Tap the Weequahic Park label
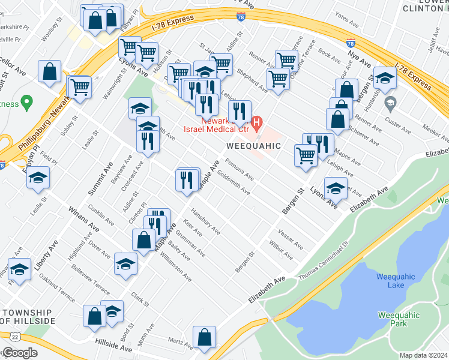point(393,319)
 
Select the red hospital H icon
point(258,124)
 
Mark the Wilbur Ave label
point(280,251)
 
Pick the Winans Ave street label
point(81,220)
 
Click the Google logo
point(20,353)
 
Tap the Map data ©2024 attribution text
point(423,355)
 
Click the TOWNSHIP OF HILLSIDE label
point(29,317)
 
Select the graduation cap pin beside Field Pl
point(38,178)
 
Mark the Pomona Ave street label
point(239,169)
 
